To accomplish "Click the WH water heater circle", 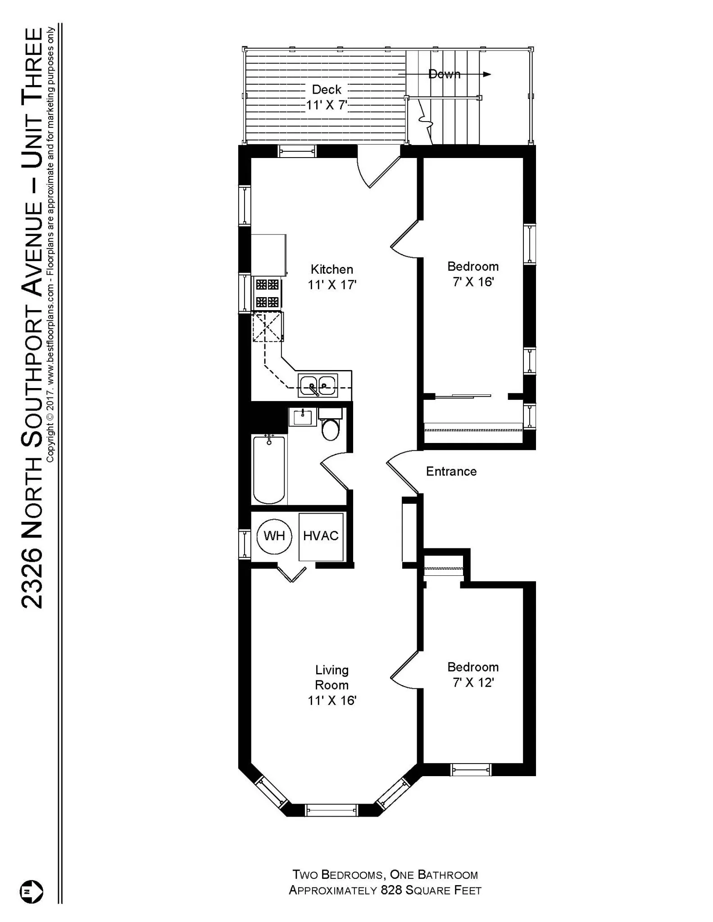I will coord(274,536).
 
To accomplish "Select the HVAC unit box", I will coord(321,536).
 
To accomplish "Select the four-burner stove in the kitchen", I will coord(267,293).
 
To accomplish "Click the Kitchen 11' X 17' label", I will coord(332,277).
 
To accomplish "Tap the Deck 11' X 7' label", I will coord(327,97).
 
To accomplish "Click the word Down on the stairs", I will coord(444,74).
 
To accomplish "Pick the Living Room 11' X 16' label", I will coord(332,685).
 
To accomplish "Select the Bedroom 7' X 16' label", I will coord(473,274).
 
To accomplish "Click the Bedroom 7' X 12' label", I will coord(473,674).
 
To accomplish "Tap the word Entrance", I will coord(451,471).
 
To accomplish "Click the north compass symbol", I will coord(31,891).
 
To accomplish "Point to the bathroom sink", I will coord(303,417).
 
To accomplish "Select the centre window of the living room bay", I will coord(332,810).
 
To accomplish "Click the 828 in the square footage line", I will coord(391,890).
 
